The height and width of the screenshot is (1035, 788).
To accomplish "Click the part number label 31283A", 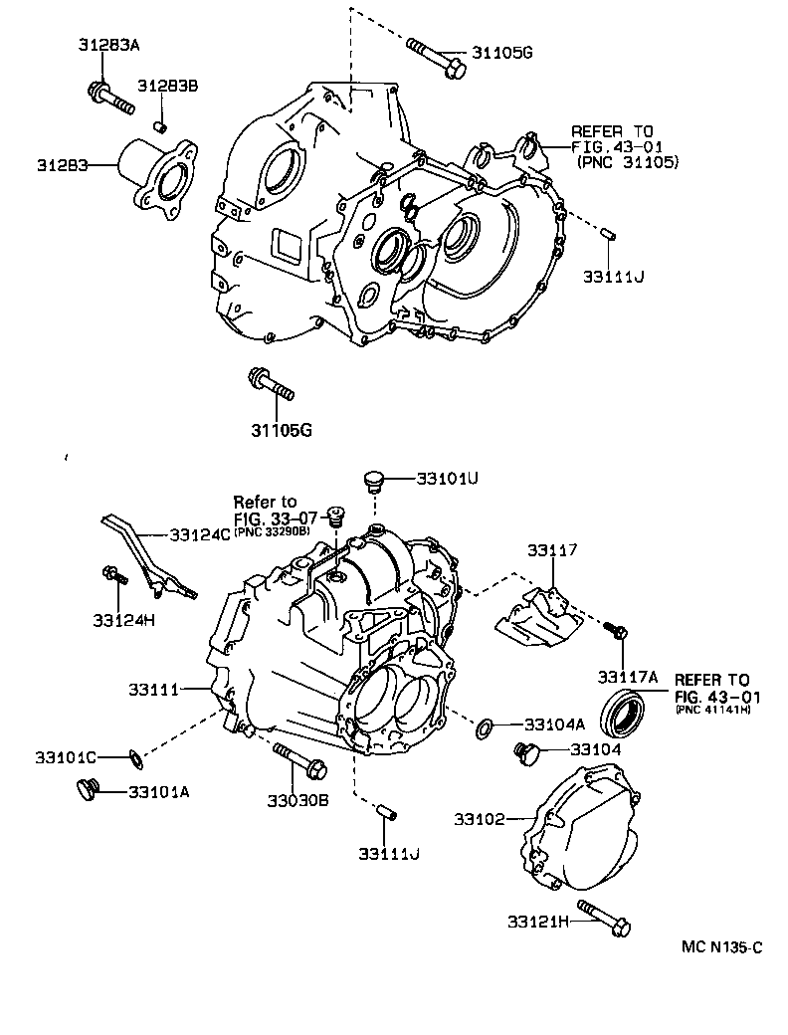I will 108,45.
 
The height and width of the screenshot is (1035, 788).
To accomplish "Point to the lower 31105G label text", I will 281,430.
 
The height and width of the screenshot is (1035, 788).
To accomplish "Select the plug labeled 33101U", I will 374,482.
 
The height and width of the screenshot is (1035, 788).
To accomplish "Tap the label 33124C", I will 199,534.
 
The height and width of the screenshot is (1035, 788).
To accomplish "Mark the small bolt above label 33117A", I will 616,630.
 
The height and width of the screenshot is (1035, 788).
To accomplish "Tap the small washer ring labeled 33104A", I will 485,728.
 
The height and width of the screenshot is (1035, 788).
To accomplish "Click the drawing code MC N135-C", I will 721,948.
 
